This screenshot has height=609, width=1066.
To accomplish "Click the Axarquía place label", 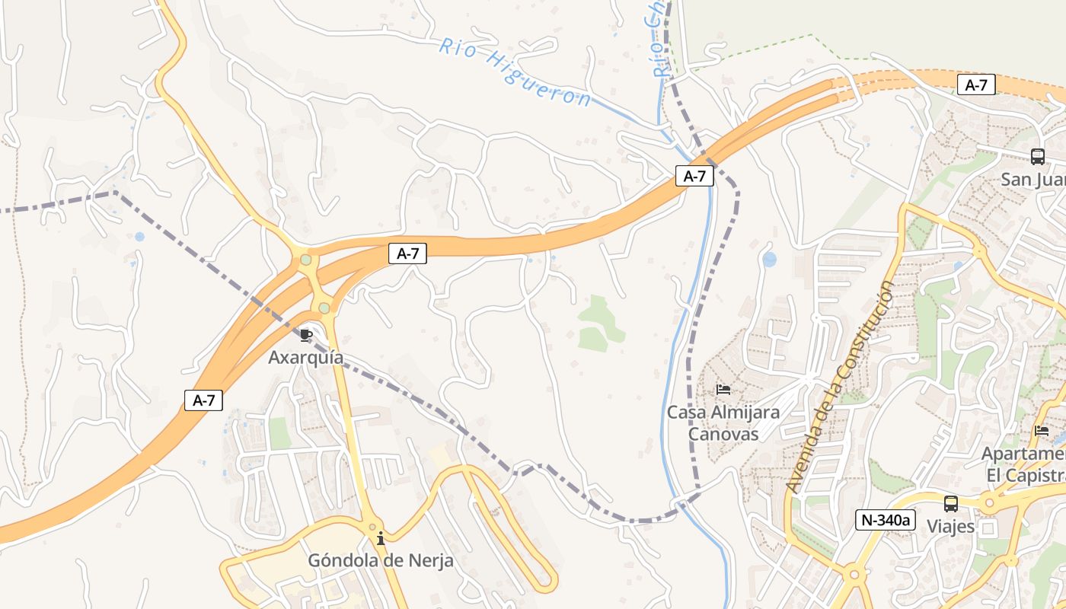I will pos(305,357).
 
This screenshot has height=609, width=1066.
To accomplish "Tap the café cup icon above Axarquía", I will pos(306,335).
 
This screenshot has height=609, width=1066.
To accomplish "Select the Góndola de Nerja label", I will pos(380,561).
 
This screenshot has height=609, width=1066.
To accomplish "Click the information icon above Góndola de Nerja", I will pos(381,539).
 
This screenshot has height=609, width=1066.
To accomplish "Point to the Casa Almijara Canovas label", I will pos(723,422).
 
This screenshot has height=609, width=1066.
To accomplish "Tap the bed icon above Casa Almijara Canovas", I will pos(723,390).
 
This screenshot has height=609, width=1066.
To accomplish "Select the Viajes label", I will pos(950,526).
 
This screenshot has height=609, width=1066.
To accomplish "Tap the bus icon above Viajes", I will pos(951,503).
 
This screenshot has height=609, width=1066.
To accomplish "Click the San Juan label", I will pos(1032,180).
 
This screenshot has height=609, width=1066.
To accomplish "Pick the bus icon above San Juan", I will pos(1037,157).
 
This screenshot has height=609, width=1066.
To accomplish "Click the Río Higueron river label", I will pos(515,72).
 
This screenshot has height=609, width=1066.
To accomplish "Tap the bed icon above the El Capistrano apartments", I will pos(1042,431).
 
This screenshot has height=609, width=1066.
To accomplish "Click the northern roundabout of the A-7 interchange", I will pos(306,260).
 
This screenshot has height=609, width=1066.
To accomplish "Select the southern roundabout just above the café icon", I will pos(324,308).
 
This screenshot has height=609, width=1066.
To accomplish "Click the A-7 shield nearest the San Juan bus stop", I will pos(976,85).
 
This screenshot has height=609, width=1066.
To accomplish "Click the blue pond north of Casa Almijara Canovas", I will pos(770,260).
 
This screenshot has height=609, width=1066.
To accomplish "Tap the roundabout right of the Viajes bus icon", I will pos(989,503).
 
